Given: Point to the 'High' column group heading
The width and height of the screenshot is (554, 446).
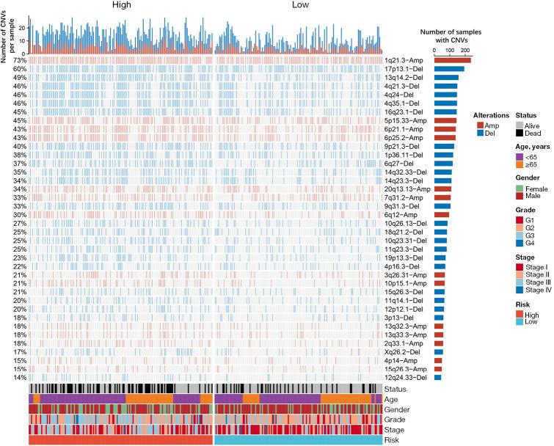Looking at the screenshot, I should pos(122,5).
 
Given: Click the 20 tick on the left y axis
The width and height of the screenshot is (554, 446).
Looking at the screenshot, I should pos(22,28).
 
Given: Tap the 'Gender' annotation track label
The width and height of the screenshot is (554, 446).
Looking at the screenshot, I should pos(397,409).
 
